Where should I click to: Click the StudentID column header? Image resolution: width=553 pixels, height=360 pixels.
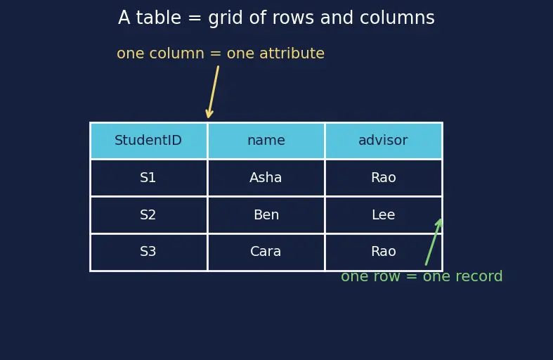click(148, 141)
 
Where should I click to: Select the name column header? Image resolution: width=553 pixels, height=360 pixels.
click(266, 141)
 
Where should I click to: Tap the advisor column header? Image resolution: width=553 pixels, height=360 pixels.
click(384, 141)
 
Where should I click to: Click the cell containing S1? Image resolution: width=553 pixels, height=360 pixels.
click(148, 177)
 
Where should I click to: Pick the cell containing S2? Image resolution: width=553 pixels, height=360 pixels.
click(148, 215)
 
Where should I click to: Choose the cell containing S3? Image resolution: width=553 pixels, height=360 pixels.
click(148, 252)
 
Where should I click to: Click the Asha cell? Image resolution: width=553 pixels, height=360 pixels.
click(266, 177)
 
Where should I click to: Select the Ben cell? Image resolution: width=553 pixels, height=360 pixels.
click(266, 215)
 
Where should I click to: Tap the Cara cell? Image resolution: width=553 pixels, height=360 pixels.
click(266, 252)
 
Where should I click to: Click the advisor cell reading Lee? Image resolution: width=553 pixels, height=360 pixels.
click(384, 215)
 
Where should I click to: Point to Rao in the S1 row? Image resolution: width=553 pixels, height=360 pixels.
click(384, 177)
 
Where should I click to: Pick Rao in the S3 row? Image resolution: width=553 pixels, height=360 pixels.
click(384, 252)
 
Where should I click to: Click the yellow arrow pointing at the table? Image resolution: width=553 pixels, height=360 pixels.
click(213, 92)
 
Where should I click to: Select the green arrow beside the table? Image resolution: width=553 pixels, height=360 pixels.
click(434, 242)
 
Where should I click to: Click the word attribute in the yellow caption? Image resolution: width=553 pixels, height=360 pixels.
click(292, 53)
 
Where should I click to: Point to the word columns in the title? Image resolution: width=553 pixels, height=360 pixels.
click(397, 18)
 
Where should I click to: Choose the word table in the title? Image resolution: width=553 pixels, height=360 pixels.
click(158, 18)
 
